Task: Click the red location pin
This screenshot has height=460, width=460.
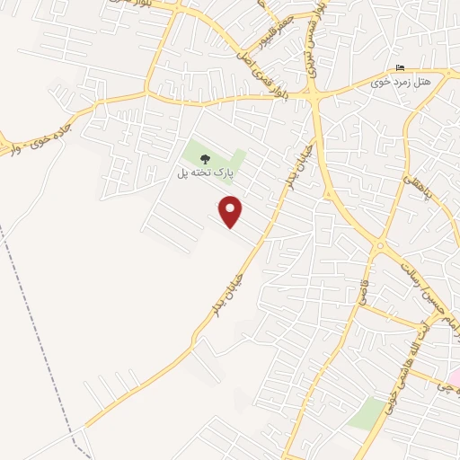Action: (231, 211)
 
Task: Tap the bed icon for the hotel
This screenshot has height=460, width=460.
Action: (401, 68)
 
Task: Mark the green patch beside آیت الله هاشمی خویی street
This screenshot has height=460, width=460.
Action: (366, 412)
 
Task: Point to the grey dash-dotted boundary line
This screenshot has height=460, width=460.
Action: (36, 332)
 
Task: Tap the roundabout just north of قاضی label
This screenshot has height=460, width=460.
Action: (380, 244)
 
